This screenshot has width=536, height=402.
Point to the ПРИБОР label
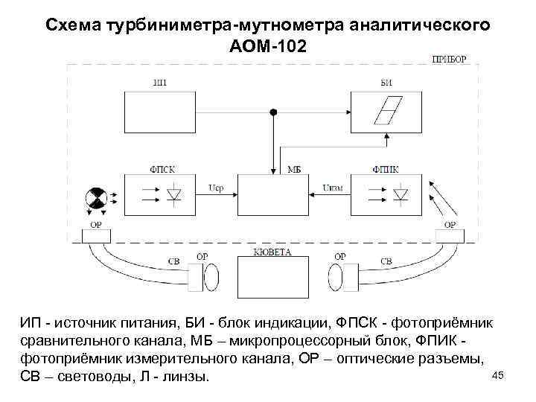point(450,59)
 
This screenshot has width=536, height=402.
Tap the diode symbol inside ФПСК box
point(174,196)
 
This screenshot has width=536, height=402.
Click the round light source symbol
point(95,197)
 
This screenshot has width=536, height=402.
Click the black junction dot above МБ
point(273,112)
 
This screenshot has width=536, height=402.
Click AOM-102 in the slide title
point(268,46)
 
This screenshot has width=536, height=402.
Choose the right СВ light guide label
point(386,261)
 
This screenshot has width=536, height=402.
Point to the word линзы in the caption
point(183,377)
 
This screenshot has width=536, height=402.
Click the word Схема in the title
point(74,25)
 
